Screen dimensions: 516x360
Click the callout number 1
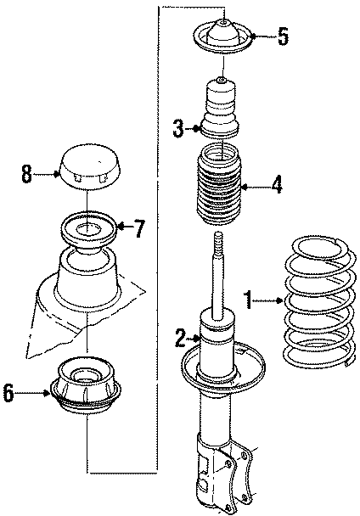coord(249,299)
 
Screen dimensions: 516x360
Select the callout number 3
coord(178,129)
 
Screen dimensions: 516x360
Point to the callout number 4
coord(276,186)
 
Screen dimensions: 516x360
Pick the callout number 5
coord(283,36)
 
